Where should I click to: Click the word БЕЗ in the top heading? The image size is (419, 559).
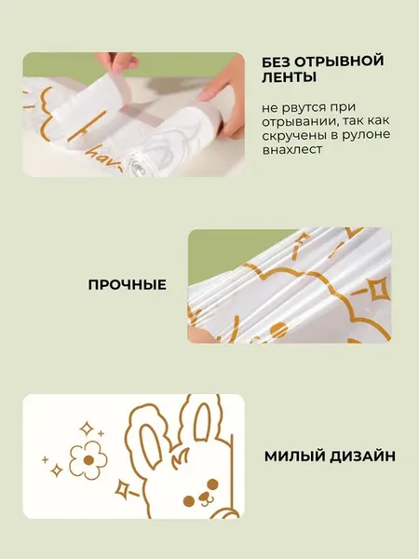(277, 61)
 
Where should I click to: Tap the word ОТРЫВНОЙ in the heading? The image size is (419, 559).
(340, 61)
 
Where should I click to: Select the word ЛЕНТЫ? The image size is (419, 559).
(289, 77)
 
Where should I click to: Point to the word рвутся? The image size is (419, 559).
(302, 107)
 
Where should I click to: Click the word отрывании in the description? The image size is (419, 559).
(299, 121)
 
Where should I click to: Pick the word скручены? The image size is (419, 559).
(294, 135)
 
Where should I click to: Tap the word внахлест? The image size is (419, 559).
(292, 150)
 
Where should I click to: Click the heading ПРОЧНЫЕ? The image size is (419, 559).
(128, 285)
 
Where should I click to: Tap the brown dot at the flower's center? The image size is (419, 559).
(88, 460)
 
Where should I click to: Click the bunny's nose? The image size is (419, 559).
(204, 497)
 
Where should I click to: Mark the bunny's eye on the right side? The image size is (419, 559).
(212, 484)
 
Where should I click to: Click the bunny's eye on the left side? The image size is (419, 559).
(189, 501)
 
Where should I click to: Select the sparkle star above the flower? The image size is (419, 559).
(86, 428)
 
